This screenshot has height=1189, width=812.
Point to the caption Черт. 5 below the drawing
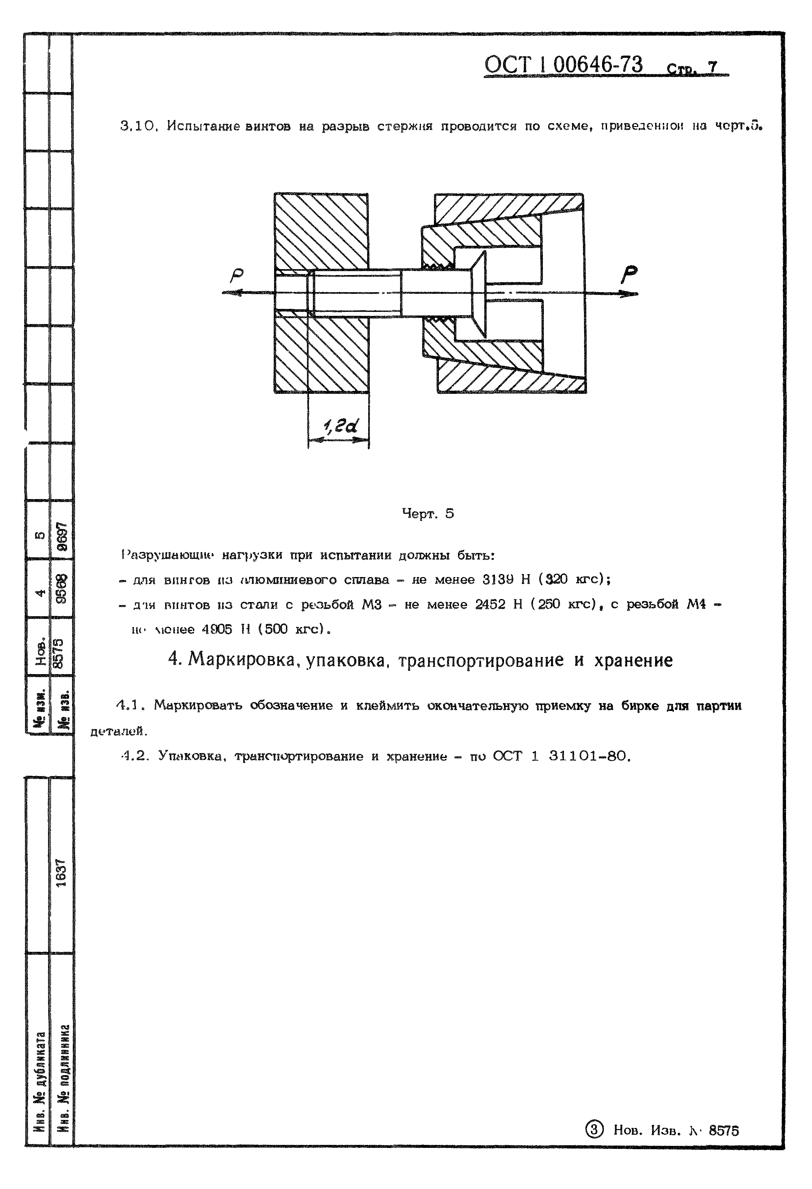point(428,514)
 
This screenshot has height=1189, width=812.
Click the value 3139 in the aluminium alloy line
point(498,580)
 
